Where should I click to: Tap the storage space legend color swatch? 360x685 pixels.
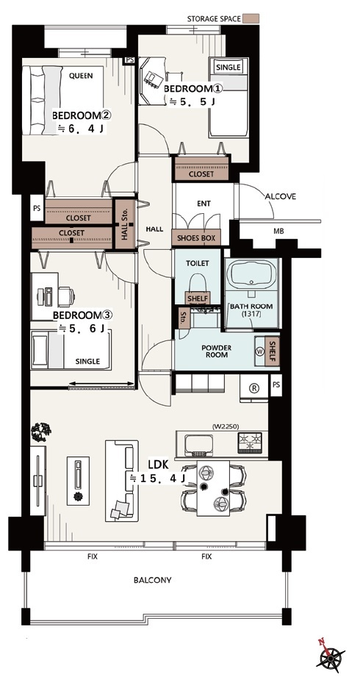click(x=251, y=18)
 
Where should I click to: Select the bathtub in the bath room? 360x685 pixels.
click(x=251, y=273)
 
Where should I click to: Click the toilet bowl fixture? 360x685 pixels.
click(x=196, y=283)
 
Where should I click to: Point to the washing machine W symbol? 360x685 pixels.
click(x=260, y=351)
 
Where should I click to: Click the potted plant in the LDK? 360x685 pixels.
click(x=41, y=432)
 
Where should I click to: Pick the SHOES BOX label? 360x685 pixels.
click(x=196, y=239)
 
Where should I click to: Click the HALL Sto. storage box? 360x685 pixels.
click(x=123, y=224)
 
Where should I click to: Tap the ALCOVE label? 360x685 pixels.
click(x=281, y=196)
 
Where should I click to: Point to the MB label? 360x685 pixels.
click(x=278, y=232)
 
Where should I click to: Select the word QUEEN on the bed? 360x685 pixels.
click(x=81, y=76)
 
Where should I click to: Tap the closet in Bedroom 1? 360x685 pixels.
click(x=201, y=168)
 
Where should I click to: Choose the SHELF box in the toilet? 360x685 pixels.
click(x=198, y=298)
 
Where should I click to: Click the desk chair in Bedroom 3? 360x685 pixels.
click(x=66, y=296)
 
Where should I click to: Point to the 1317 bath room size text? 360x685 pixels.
click(x=251, y=314)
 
